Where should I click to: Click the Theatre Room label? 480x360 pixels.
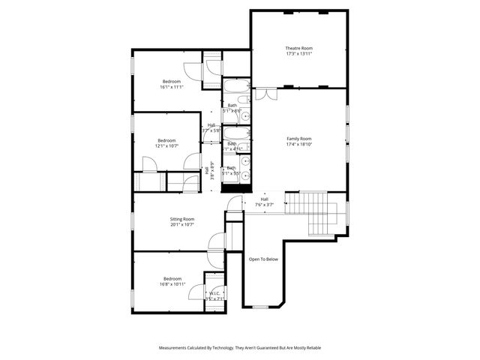tap(298, 48)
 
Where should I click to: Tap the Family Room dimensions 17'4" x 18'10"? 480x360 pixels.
tap(298, 144)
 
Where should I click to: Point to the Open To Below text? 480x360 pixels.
tap(263, 259)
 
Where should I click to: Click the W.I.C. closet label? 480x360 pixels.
tap(214, 293)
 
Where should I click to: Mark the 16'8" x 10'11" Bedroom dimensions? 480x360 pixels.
tap(172, 284)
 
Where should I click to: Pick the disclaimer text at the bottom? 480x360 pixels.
tap(239, 348)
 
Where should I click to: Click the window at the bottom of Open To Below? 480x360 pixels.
tap(260, 307)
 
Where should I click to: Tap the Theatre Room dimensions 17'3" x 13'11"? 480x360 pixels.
tap(298, 54)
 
